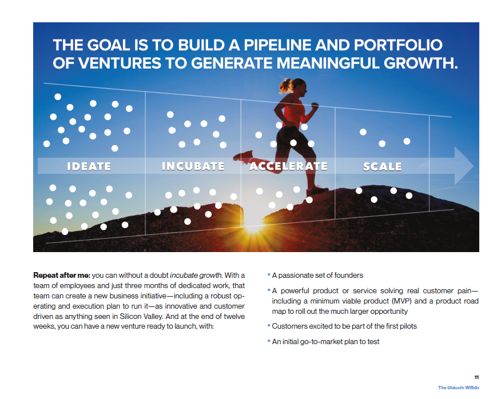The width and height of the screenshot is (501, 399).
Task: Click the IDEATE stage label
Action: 89,166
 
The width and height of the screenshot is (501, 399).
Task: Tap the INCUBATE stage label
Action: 193,166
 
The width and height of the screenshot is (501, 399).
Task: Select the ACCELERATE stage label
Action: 288,166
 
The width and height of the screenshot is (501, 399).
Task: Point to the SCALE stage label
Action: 382,166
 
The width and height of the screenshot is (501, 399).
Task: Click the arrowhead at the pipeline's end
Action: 463,165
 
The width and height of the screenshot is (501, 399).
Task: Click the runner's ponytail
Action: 285,85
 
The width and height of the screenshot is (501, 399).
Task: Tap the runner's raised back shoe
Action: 244,157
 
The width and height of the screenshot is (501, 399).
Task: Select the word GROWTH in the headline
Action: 420,63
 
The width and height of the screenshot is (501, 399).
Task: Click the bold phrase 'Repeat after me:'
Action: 62,276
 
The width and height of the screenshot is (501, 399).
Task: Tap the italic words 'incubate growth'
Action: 196,276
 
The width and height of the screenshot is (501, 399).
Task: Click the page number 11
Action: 476,377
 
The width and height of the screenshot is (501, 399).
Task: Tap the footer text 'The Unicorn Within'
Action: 459,388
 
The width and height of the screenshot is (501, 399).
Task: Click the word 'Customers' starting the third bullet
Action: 287,326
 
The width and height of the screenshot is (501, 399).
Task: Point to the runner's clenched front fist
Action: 315,105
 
